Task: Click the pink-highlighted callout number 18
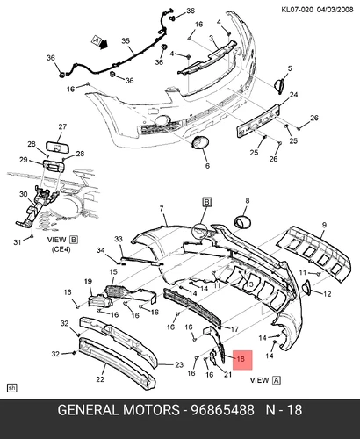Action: [x=241, y=358]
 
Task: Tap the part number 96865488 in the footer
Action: [x=222, y=410]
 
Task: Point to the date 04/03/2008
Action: [x=335, y=10]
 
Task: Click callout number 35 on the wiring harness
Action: [x=126, y=40]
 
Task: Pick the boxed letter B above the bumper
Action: [x=207, y=202]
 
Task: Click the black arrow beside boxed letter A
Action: [x=104, y=44]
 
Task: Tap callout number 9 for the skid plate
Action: [x=324, y=225]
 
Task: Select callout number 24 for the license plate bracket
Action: [x=293, y=95]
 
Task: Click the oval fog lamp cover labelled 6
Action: [x=200, y=143]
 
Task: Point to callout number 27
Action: [x=62, y=126]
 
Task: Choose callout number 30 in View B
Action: [x=24, y=194]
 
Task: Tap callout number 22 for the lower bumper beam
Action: [x=100, y=379]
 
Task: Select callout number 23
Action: [x=179, y=364]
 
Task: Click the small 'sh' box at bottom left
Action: [x=11, y=388]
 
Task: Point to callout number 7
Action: [x=162, y=209]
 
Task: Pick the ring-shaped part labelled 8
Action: [x=242, y=221]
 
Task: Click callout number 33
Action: [x=119, y=239]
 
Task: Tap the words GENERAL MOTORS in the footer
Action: [x=119, y=410]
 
